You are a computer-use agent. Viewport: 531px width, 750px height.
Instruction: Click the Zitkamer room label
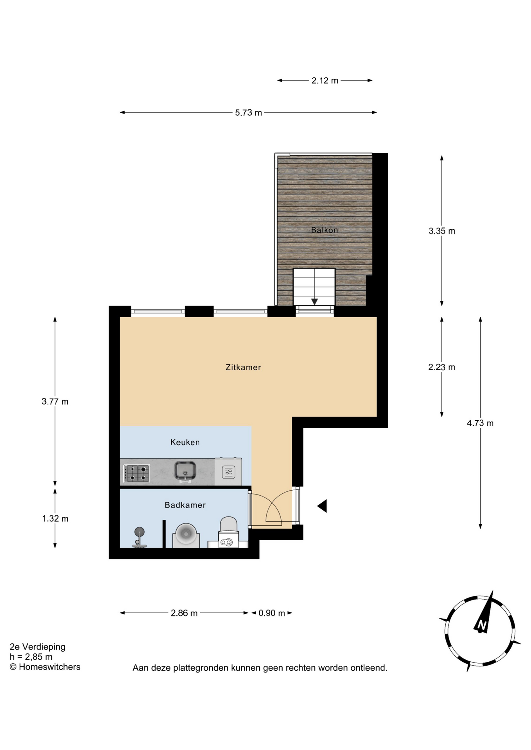click(x=243, y=367)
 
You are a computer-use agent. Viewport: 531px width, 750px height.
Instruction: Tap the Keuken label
click(x=185, y=442)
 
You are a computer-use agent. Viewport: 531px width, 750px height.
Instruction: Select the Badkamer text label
click(x=185, y=505)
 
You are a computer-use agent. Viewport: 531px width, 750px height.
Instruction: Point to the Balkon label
click(x=324, y=230)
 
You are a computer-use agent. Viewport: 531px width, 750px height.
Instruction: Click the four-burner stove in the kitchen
click(x=136, y=473)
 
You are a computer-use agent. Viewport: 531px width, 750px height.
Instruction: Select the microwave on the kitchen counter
click(x=228, y=472)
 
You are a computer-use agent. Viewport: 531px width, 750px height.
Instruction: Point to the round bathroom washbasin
click(x=186, y=535)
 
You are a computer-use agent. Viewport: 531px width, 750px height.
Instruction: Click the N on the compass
click(x=482, y=625)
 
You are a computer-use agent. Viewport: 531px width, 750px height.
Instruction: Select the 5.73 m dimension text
click(x=248, y=113)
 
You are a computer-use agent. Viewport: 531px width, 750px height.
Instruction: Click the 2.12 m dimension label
click(x=325, y=81)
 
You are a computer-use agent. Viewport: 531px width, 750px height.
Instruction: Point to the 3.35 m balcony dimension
click(x=442, y=231)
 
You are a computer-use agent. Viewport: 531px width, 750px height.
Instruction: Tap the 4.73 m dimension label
click(x=480, y=423)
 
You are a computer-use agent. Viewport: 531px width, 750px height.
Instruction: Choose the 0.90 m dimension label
click(x=272, y=613)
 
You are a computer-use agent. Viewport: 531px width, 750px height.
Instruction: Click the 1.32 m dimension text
click(x=55, y=519)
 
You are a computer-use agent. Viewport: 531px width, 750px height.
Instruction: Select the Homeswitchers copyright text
click(x=45, y=667)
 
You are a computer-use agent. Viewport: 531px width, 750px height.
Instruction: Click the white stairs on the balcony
click(x=314, y=287)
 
